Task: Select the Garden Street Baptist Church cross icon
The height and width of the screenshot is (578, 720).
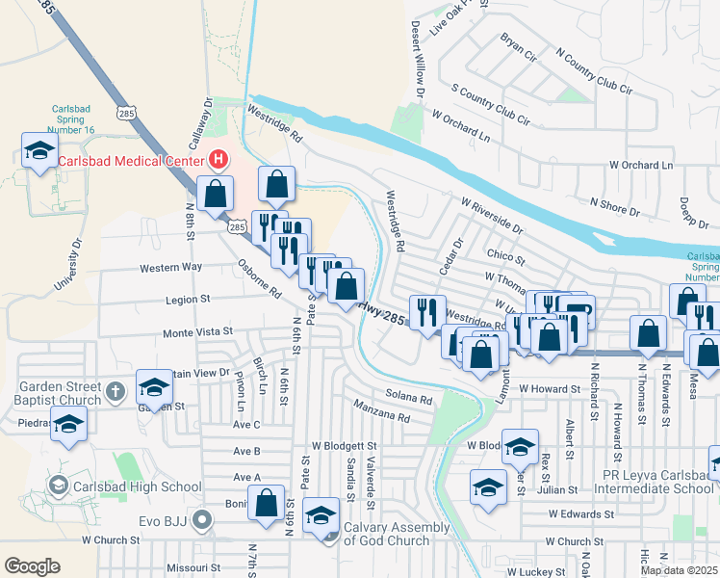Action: coord(115,391)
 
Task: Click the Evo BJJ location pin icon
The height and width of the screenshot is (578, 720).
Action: coord(201,520)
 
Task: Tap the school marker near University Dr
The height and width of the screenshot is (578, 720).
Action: coord(39,151)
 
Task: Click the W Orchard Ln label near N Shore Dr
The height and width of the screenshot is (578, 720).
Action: coord(641,165)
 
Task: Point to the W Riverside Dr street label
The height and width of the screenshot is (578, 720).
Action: coord(492,217)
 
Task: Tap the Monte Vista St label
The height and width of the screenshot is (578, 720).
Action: coord(197,331)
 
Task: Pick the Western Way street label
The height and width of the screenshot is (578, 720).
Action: coord(171,267)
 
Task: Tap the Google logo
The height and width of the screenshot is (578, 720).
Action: coord(32,565)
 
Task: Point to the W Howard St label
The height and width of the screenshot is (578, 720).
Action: coord(553,388)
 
